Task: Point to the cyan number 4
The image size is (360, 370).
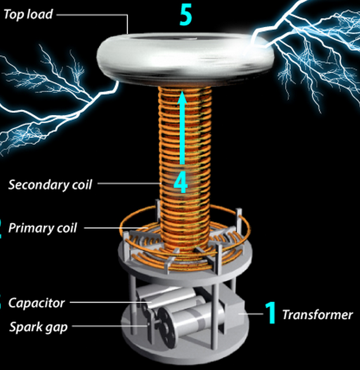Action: click(181, 183)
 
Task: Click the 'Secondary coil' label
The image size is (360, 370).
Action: click(50, 185)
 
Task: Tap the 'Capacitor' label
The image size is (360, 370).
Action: click(37, 303)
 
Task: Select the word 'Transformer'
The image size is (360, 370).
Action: click(317, 315)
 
